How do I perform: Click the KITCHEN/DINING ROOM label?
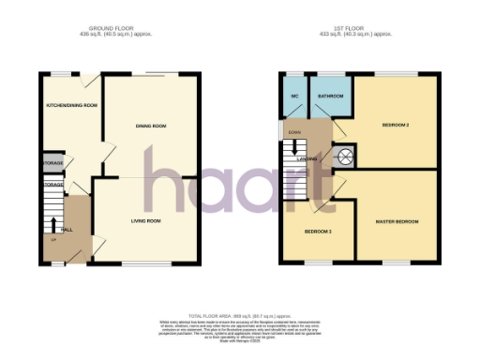72,105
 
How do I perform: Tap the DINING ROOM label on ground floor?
151,126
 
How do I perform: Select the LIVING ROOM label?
145,220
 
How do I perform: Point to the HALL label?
67,228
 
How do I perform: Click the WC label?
294,96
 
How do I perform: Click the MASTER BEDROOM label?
397,221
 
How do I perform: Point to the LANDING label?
307,158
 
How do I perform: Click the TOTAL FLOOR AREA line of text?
239,316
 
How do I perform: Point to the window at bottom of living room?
145,262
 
